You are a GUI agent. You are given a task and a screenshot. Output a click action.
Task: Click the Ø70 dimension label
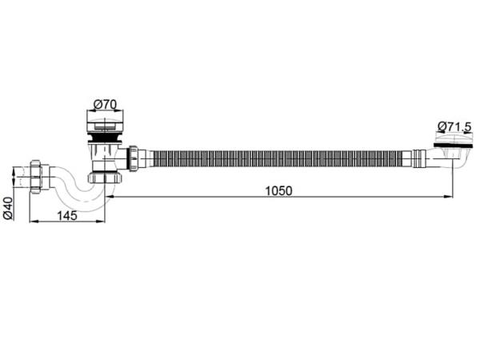[x=105, y=105]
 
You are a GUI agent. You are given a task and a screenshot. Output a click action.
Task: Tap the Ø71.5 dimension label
[x=455, y=126]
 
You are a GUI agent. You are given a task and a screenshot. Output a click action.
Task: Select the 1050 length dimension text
[x=278, y=190]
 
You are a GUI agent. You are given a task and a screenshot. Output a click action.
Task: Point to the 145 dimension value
[x=67, y=215]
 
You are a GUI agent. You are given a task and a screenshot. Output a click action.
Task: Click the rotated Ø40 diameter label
[x=8, y=208]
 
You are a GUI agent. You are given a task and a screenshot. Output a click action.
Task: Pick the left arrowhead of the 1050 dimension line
[x=110, y=197]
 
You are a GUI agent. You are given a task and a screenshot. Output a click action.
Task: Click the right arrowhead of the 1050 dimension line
[x=448, y=197]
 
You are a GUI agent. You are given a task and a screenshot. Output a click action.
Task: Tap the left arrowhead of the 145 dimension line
[x=34, y=222]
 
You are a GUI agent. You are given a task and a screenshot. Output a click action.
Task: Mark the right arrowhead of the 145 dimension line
[x=101, y=222]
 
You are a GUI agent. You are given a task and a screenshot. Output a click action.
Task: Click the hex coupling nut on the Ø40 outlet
[x=36, y=177]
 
